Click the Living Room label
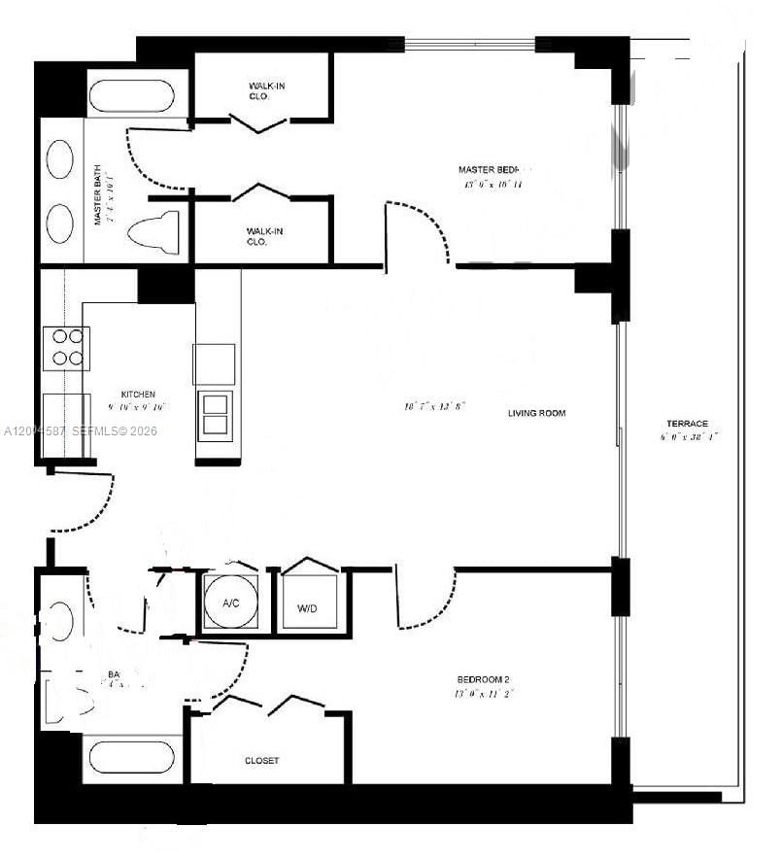point(536,413)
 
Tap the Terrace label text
point(687,424)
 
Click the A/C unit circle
point(231,603)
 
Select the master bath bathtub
point(131,98)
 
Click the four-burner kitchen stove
point(66,348)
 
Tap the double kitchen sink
point(215,415)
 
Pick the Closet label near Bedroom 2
point(261,761)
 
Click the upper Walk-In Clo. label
point(265,91)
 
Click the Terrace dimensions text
point(687,436)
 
